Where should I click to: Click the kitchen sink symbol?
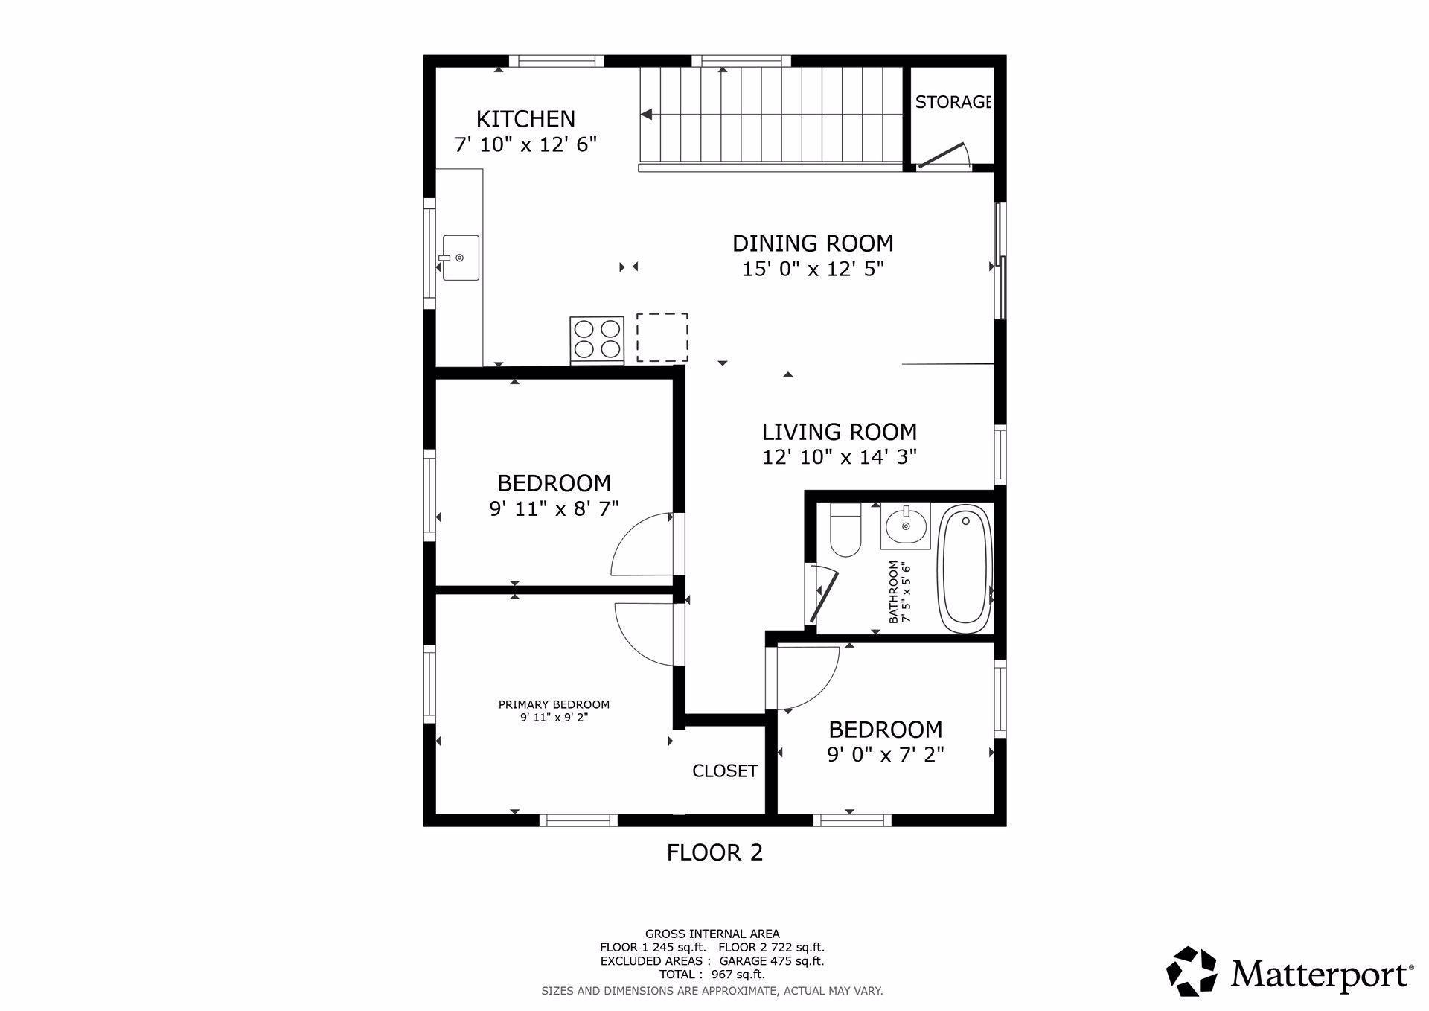[461, 258]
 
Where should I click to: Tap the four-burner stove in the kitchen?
[596, 339]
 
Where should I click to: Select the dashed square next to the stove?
[662, 337]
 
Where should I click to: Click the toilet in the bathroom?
[845, 530]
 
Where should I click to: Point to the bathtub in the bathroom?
[965, 569]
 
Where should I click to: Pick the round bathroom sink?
[906, 526]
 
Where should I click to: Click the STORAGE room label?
[953, 102]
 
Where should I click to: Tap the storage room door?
[942, 156]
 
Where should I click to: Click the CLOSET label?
[725, 771]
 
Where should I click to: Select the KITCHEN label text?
[525, 119]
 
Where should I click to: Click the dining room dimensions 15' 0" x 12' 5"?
[813, 269]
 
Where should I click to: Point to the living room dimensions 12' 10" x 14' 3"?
[840, 457]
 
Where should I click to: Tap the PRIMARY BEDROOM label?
[554, 704]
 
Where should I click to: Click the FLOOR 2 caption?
[714, 852]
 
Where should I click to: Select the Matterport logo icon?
[1191, 972]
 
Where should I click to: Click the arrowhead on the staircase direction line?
[647, 115]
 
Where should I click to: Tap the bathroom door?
[823, 593]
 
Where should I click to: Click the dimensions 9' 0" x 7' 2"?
[886, 755]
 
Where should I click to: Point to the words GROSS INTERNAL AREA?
[712, 934]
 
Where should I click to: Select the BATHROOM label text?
[893, 592]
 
